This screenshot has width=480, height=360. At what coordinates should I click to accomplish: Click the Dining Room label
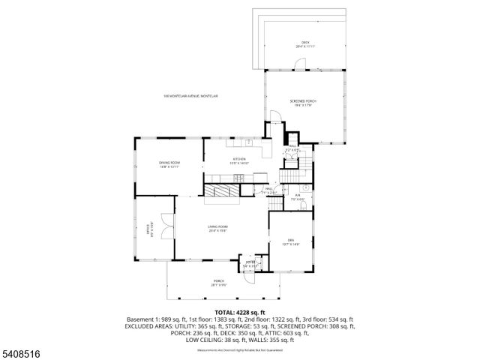coord(169,164)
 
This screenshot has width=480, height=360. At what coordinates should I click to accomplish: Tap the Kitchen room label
coord(239,160)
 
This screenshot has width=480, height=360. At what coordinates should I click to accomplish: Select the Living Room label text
coord(218,228)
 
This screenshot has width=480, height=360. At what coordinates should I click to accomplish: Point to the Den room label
coord(290,241)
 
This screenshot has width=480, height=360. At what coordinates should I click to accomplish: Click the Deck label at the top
coord(305,44)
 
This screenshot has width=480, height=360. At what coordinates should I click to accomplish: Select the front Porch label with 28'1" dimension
coord(218,283)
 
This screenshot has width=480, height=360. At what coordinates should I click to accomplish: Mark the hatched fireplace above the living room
coord(224,191)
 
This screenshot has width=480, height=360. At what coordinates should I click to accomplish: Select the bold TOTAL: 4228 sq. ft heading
coord(239,312)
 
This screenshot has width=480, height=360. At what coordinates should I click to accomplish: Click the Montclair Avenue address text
coord(190,95)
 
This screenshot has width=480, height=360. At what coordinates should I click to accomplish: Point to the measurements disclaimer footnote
coord(239,349)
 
